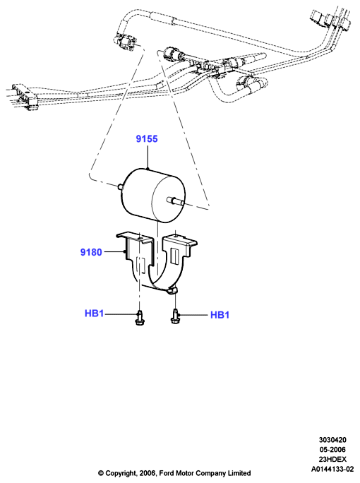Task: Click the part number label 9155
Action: coord(147,139)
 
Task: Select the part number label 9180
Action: coord(91,252)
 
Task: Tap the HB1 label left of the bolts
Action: coord(94,314)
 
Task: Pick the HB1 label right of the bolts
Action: coord(220,315)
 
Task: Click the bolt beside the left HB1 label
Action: coord(139,318)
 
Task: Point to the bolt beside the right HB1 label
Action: coord(175,316)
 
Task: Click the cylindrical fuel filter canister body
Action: coord(154,196)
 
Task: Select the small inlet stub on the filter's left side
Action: coord(121,186)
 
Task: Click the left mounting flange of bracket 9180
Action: coord(135,238)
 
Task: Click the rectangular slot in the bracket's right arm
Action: coord(174,256)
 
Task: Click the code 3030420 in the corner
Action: coord(332,440)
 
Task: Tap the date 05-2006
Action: coord(332,449)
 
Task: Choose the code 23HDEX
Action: coord(332,459)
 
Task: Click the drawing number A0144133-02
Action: coord(332,469)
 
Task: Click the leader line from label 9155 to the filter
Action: coord(148,157)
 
